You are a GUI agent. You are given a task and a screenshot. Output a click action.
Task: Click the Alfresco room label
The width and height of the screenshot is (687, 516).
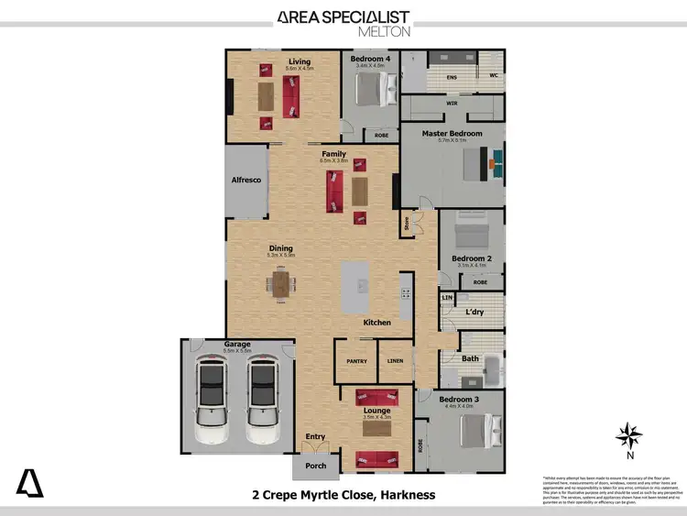[x=246, y=181]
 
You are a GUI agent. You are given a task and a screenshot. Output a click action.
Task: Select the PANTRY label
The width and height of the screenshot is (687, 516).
[x=356, y=361]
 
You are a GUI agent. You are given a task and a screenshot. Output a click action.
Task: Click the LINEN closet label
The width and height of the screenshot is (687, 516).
[x=396, y=361]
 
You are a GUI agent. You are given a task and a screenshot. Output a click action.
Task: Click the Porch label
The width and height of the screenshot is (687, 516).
[x=315, y=467]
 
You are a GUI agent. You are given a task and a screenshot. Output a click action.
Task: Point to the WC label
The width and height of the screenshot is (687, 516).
[x=493, y=76]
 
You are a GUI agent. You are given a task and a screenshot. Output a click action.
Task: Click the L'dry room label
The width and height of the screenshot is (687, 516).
[x=474, y=313]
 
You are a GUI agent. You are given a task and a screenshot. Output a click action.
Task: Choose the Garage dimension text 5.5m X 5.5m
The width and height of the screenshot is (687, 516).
[x=237, y=351]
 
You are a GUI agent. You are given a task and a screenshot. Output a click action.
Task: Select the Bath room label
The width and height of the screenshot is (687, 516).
[x=471, y=359]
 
